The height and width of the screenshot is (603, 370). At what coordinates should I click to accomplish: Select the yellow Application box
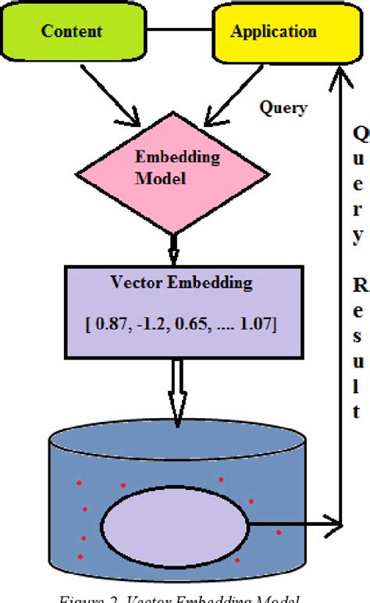pos(272,33)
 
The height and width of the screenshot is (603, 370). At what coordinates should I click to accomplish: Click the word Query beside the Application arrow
pos(282,108)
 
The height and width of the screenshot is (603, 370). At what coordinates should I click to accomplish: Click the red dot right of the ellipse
pos(278,534)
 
